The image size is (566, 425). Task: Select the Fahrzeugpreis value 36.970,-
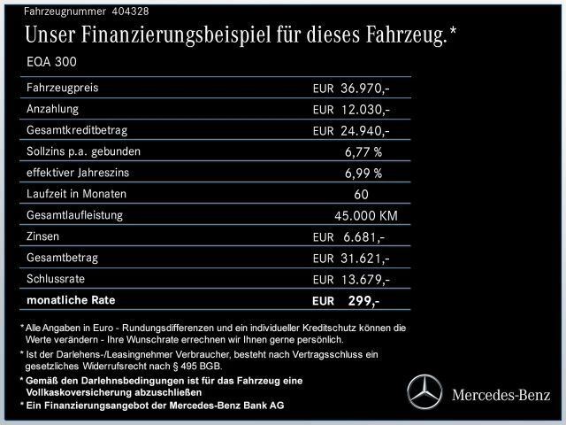tap(365, 89)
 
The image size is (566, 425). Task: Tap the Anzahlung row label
tap(54, 109)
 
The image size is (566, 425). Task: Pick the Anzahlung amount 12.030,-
tap(365, 110)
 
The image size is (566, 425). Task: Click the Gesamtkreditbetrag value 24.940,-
tap(365, 131)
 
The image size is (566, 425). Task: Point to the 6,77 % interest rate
tap(363, 151)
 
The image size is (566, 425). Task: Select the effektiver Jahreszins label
tap(83, 173)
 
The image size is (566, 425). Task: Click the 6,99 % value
tap(363, 174)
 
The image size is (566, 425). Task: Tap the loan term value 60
tap(361, 195)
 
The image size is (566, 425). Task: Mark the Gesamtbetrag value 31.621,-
tap(365, 259)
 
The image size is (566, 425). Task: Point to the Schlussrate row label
tap(57, 278)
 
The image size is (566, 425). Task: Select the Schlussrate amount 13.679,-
tap(365, 280)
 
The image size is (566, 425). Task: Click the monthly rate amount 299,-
tap(363, 301)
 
